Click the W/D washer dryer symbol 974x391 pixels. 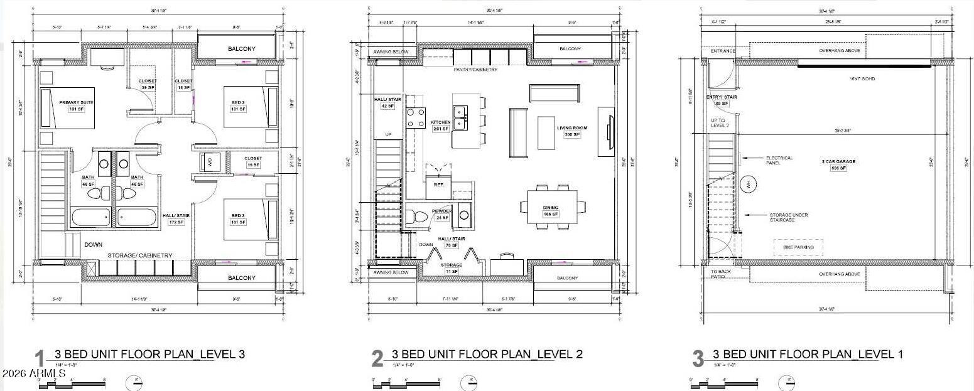click(209, 162)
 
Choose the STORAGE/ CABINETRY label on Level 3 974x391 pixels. click(139, 255)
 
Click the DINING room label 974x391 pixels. click(551, 208)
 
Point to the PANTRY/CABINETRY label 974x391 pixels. click(475, 70)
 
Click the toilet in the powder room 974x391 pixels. click(418, 217)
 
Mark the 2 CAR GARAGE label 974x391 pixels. click(838, 161)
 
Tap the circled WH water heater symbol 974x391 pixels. click(748, 185)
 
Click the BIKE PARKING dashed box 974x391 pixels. click(798, 247)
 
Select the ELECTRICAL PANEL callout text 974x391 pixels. click(779, 161)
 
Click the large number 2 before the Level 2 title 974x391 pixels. click(377, 359)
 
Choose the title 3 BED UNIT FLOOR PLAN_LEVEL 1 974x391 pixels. click(808, 355)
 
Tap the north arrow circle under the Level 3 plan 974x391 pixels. click(134, 382)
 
